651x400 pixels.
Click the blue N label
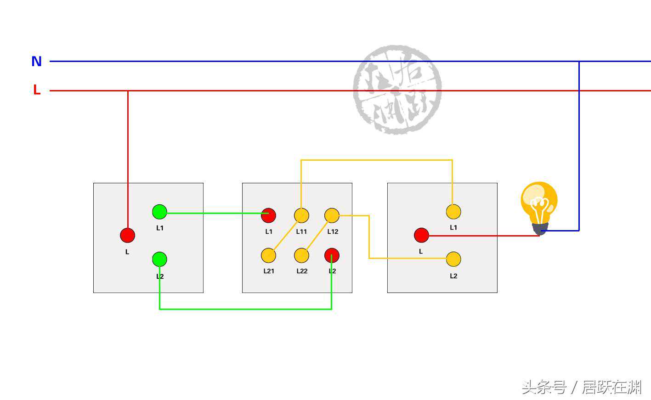point(37,61)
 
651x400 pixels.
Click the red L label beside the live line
point(37,90)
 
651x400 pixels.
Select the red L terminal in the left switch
point(127,235)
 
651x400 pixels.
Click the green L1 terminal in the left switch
point(159,212)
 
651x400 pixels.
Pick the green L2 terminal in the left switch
point(159,259)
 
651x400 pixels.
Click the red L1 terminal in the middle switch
point(268,215)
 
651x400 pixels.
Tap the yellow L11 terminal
point(301,215)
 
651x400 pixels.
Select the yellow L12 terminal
point(332,215)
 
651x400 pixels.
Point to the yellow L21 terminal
point(268,255)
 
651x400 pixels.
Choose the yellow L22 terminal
point(301,255)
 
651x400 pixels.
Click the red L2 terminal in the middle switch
point(332,255)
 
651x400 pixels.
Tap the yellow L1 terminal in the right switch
point(453,212)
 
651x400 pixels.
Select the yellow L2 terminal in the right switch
point(453,259)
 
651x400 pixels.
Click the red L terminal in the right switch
point(421,235)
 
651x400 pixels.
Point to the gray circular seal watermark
point(397,90)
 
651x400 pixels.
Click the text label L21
point(269,271)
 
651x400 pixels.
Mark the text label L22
point(302,271)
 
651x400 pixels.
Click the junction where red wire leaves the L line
point(128,91)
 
